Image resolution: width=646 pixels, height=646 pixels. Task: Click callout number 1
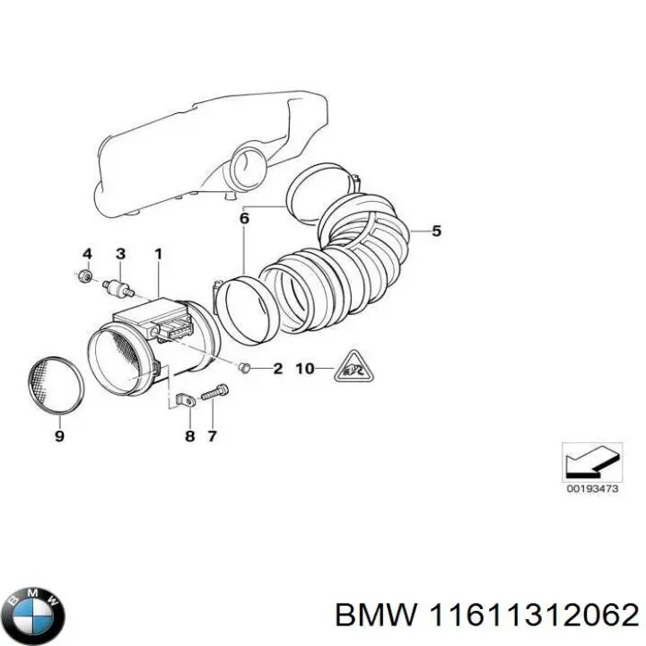click(x=158, y=254)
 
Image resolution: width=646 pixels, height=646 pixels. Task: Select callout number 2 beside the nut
click(x=277, y=368)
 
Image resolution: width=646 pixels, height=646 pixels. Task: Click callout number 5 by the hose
click(x=436, y=231)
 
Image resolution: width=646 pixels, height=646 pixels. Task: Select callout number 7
click(x=212, y=436)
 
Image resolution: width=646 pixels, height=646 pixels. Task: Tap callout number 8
click(x=189, y=436)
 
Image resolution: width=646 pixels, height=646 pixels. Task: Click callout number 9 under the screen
click(x=59, y=437)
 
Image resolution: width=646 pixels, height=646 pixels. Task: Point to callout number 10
click(x=305, y=368)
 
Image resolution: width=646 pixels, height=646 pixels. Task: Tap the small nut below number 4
click(x=84, y=275)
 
